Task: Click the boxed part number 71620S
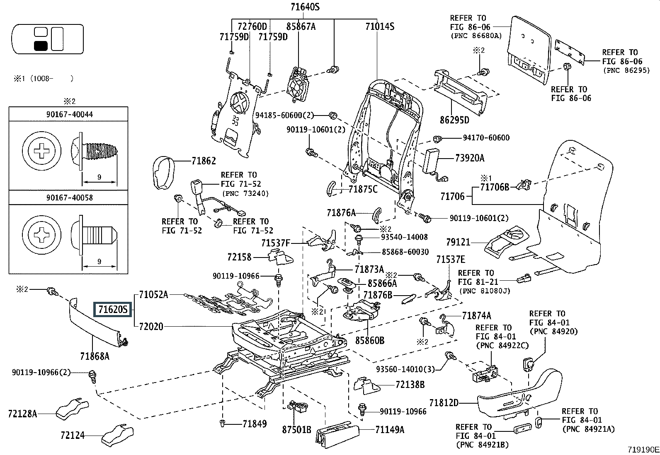(x=112, y=309)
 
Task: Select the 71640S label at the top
(x=305, y=7)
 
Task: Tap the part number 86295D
(x=454, y=120)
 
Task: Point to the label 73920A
(x=470, y=158)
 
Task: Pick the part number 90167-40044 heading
(x=70, y=114)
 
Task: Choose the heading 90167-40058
(x=70, y=197)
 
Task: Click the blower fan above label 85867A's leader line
(x=298, y=84)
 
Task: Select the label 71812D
(x=444, y=402)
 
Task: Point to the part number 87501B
(x=296, y=430)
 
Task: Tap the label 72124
(x=73, y=435)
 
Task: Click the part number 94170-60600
(x=486, y=138)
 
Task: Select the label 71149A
(x=390, y=430)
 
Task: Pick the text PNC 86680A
(x=476, y=36)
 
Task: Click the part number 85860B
(x=370, y=340)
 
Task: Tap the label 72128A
(x=22, y=414)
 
